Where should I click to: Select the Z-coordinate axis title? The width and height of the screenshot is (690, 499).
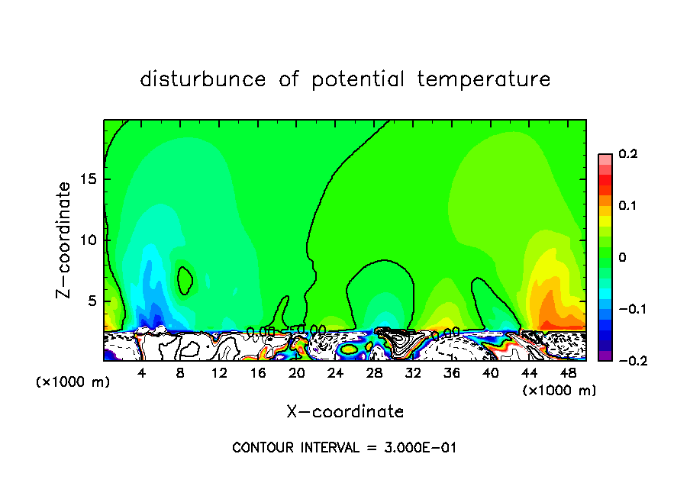pos(66,240)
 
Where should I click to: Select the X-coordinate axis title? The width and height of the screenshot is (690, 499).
pos(345,412)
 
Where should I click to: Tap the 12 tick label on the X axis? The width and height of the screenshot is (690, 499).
pos(220,373)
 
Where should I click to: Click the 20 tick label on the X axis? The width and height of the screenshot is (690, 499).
pos(297,373)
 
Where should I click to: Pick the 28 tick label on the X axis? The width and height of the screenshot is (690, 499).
pos(375,373)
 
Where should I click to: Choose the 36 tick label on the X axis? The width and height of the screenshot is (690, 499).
pos(452,373)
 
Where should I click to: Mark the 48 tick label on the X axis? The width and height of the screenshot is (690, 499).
pos(568,373)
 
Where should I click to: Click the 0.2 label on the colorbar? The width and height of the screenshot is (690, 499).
pos(627,154)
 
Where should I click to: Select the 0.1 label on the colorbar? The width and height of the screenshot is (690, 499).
pos(627,206)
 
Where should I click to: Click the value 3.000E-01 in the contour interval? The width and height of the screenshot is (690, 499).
pos(421,448)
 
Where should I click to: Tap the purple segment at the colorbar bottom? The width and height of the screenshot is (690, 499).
pos(605,356)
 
